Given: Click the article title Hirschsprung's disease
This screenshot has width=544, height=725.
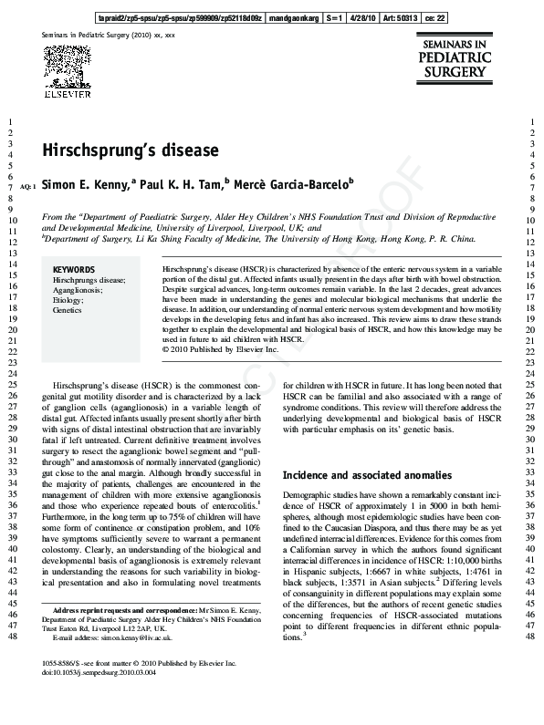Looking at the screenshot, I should coord(130,150).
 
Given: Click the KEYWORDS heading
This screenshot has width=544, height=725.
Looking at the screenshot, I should coord(74,270).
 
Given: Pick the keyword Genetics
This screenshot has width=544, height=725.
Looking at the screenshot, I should coord(68,310).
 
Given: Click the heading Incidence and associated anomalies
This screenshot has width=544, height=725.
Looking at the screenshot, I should coord(354,475).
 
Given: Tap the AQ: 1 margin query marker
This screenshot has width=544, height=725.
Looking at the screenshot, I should coord(26,185).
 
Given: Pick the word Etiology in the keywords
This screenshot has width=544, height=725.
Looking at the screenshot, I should coord(68,300).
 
